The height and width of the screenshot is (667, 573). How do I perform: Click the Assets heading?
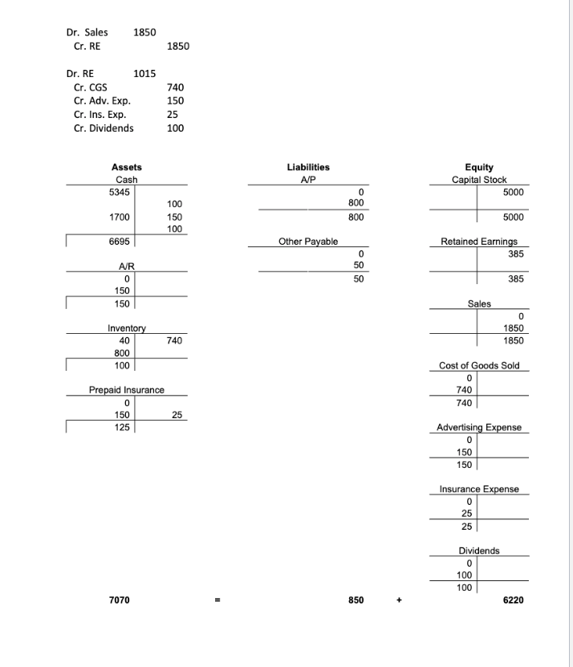click(127, 167)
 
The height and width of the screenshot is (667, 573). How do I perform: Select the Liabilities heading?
click(308, 167)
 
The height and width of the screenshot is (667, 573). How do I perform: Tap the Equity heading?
click(478, 167)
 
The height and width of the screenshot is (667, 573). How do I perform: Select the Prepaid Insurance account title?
click(127, 389)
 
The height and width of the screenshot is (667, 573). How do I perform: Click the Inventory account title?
click(127, 328)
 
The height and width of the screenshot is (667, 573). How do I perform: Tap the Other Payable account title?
click(308, 241)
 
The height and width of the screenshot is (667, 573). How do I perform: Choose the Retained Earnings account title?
click(479, 241)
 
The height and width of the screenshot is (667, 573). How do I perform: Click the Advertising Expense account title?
click(479, 427)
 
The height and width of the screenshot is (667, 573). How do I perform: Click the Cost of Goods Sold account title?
click(479, 365)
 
